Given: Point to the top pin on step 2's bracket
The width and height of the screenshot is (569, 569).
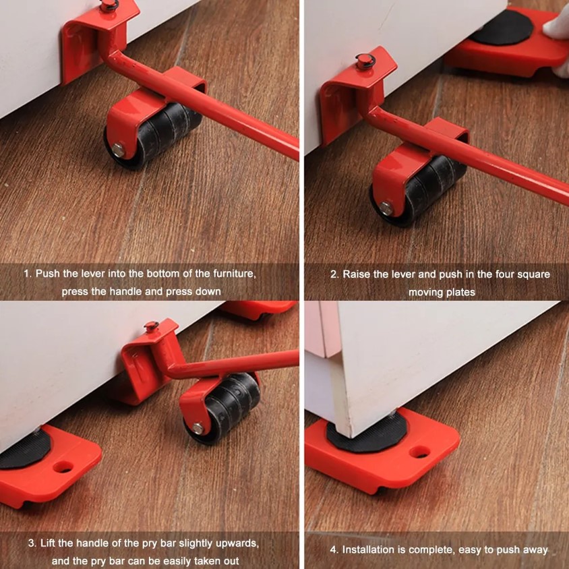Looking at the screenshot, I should click(x=365, y=61).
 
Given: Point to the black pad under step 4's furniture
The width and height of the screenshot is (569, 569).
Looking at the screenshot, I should click(x=364, y=438).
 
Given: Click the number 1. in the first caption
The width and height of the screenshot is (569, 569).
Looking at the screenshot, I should click(x=28, y=274).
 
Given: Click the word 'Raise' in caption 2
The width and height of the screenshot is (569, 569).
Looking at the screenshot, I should click(x=357, y=274).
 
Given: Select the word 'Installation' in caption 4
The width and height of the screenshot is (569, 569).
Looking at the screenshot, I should click(x=369, y=549).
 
